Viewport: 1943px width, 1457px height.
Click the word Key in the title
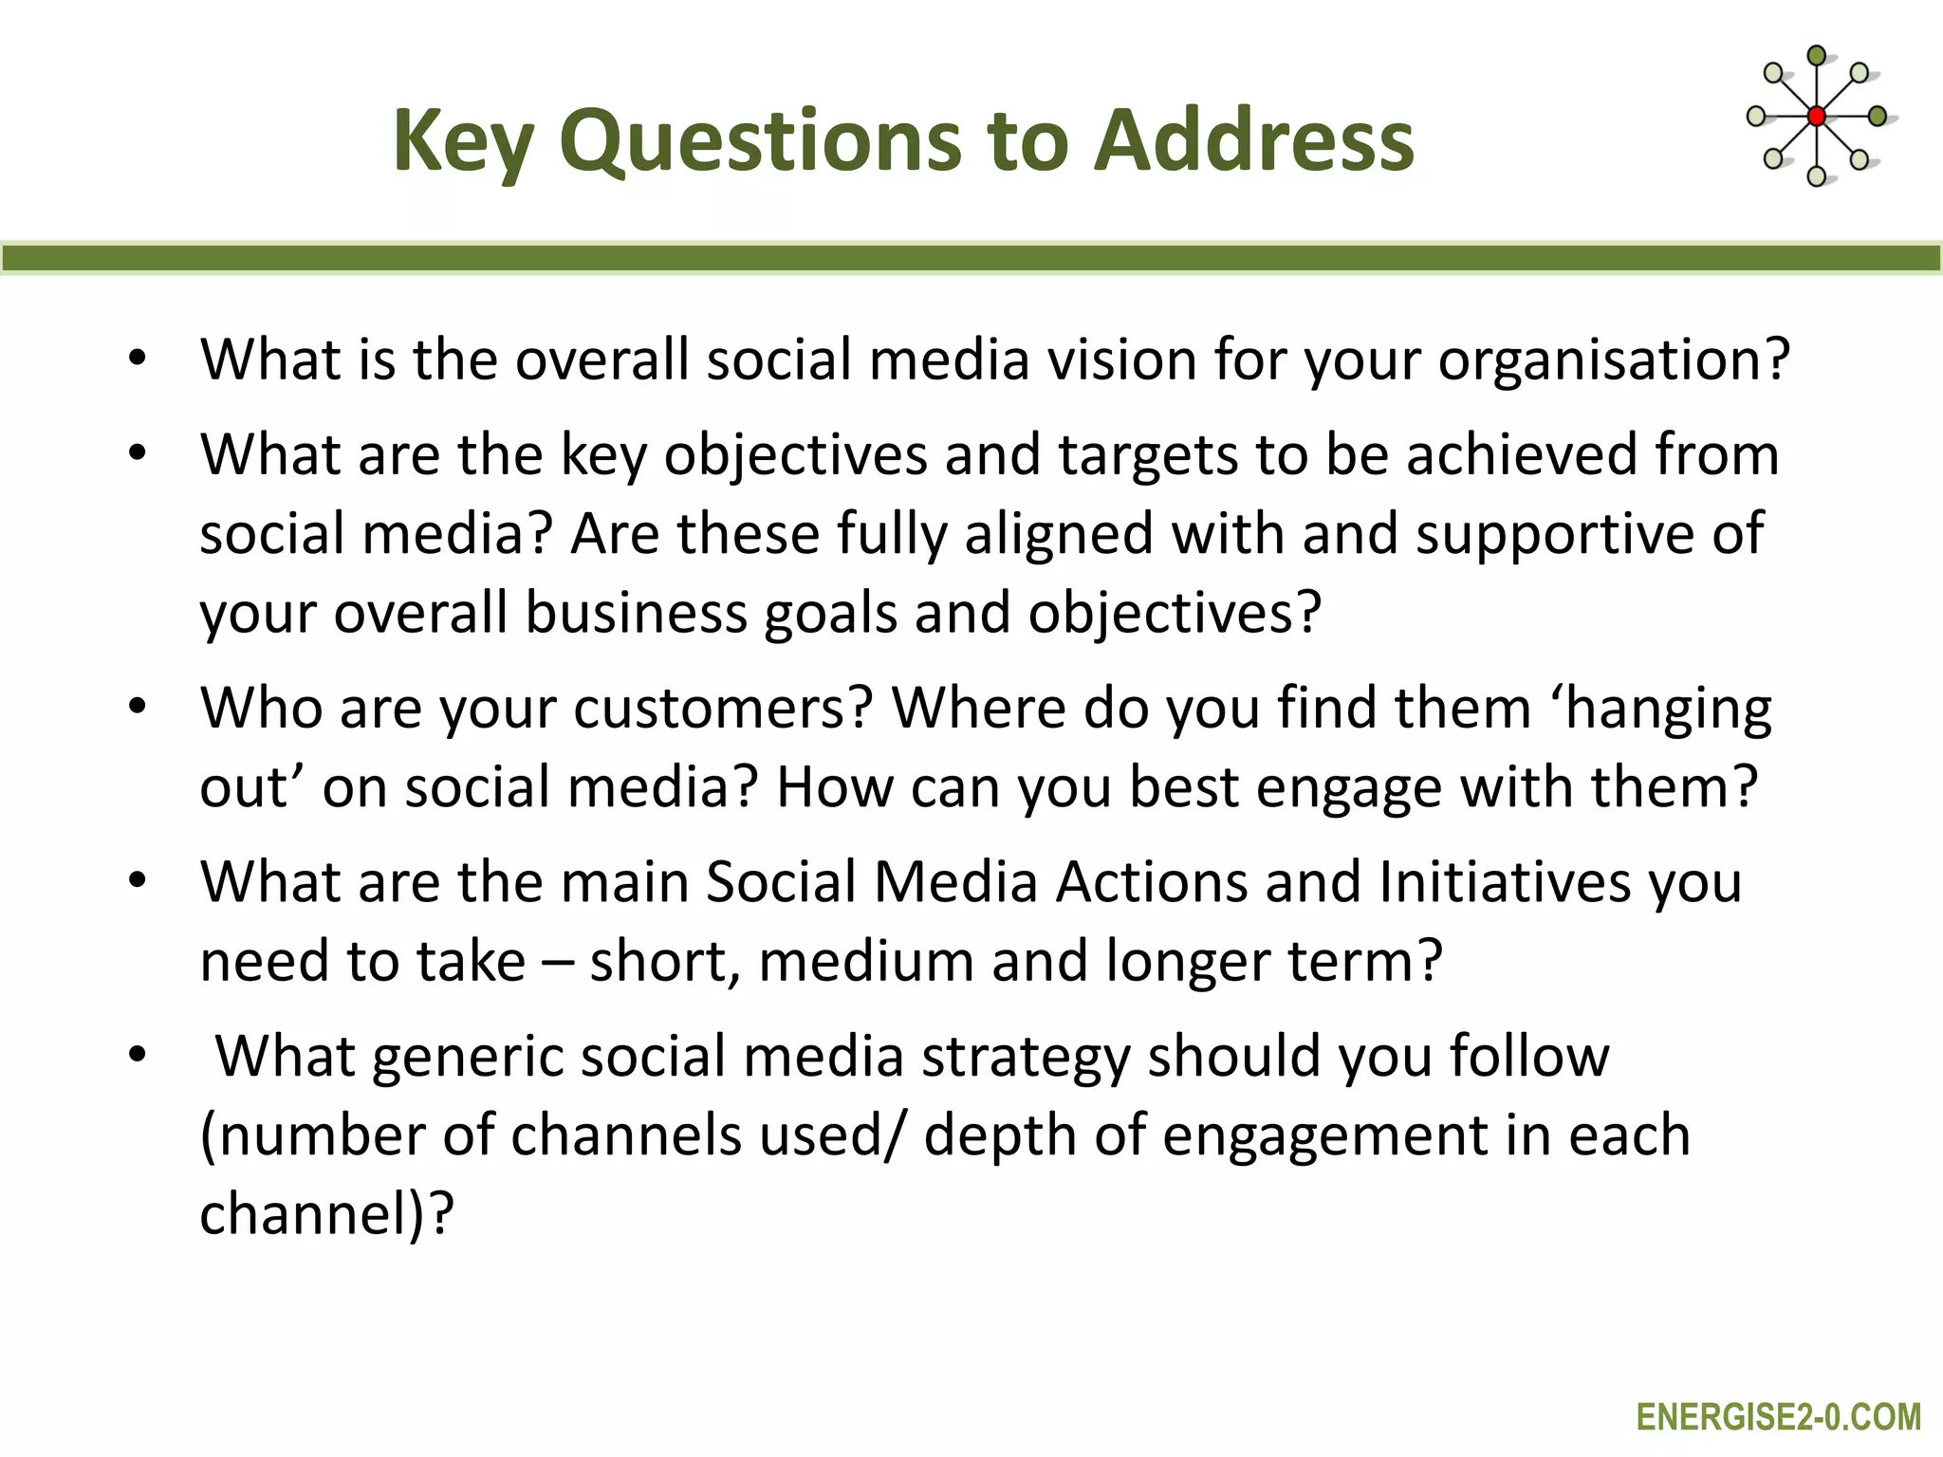(x=462, y=142)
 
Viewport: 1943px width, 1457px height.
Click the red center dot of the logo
(x=1817, y=117)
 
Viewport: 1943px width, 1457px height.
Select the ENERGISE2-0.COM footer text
(x=1778, y=1417)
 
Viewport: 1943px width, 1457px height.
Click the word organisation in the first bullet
(x=1613, y=361)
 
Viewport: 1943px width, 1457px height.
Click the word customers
(x=722, y=710)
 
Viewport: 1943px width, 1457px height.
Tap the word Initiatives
(x=1505, y=882)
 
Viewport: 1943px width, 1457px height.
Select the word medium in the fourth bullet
(x=866, y=962)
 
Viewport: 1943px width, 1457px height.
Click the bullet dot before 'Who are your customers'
(x=139, y=708)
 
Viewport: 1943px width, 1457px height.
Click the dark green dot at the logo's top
(x=1817, y=56)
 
